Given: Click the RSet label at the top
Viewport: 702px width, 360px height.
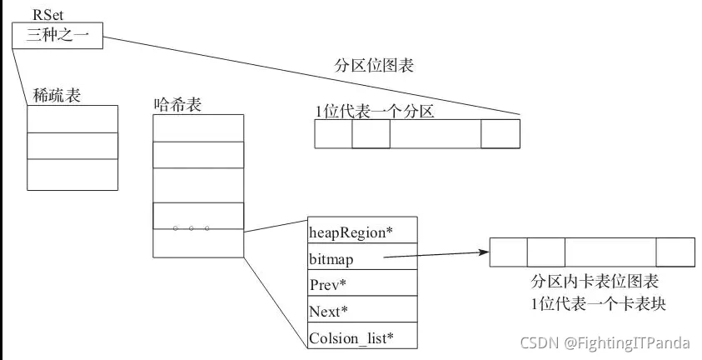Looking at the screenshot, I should tap(46, 15).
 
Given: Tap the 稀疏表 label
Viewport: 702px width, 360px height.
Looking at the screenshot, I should tap(57, 96).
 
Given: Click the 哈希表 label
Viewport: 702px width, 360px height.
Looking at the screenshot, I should tap(178, 104).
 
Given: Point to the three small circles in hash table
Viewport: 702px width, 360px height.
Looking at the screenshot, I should tap(191, 227).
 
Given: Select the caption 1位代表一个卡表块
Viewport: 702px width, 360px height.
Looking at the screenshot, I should tap(598, 303).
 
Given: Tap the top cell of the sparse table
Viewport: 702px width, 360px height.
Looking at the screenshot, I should tap(72, 118).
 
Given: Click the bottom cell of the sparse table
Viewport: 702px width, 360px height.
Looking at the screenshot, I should tap(72, 174).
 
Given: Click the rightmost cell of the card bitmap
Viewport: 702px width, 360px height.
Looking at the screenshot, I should tap(675, 252).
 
